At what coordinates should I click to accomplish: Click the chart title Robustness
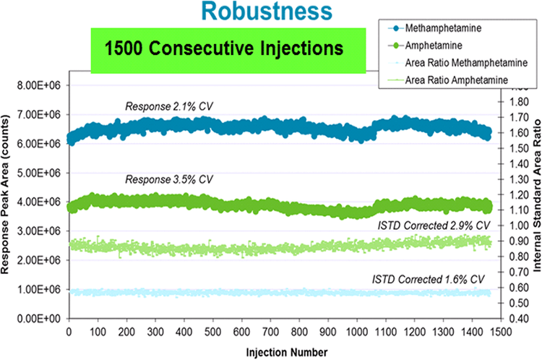point(267,12)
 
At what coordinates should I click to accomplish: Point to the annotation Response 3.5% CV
point(169,179)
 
